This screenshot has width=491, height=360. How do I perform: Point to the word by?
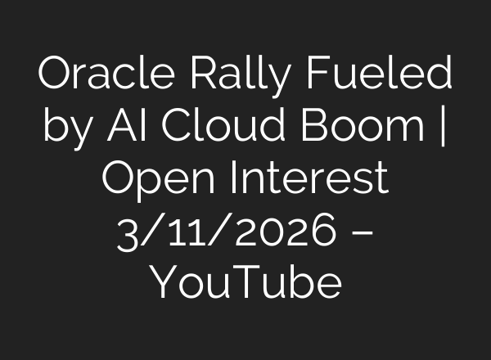coord(65,130)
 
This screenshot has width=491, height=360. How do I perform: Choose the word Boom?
coord(368,128)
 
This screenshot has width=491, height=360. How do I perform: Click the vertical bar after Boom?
coord(443,130)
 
